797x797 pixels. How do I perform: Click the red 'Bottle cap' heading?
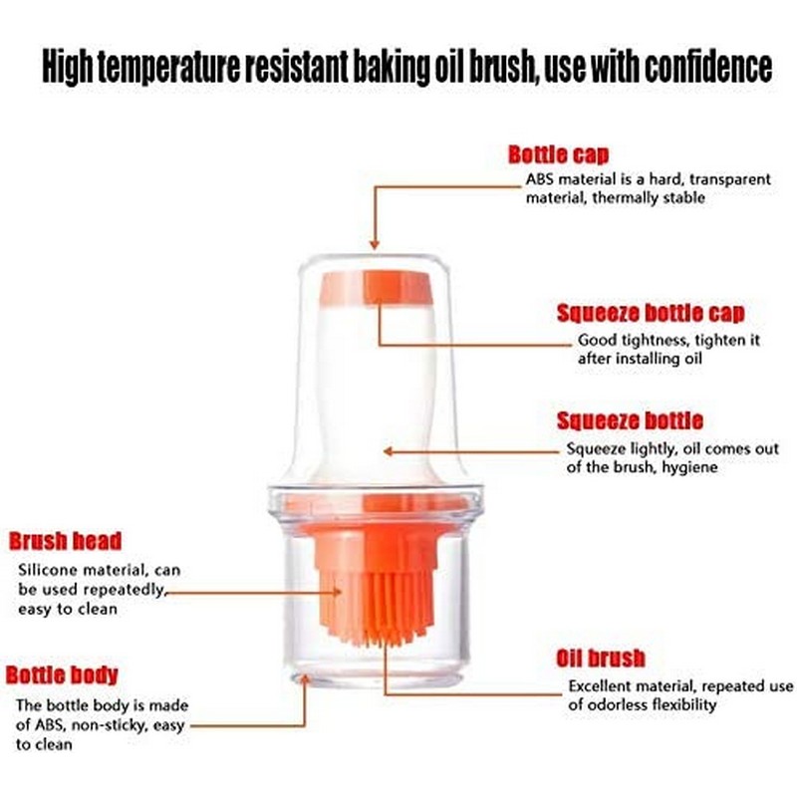558,154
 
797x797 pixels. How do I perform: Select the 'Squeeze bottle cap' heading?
651,313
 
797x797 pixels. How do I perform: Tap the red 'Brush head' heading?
65,541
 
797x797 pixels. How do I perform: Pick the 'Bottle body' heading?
62,675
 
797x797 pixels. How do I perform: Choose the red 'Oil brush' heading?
601,659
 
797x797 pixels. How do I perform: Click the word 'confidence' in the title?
708,67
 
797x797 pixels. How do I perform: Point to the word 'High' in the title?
68,67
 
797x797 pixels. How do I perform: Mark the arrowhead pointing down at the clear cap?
375,244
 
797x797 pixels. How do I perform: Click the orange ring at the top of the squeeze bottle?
377,288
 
